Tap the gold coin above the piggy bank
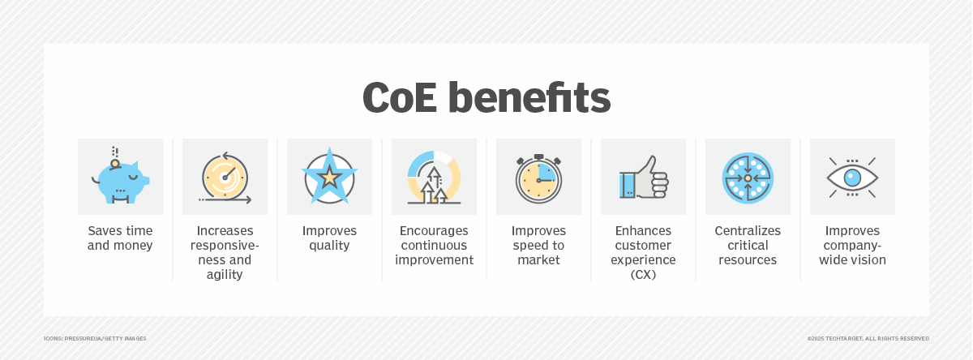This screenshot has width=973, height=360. [115, 164]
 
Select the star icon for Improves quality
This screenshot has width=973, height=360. [329, 177]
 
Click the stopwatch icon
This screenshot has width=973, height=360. [538, 178]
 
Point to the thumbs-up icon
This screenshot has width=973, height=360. [643, 178]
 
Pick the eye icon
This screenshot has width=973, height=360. [852, 178]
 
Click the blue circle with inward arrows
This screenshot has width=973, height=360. [748, 178]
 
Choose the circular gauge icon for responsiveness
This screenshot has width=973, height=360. [225, 178]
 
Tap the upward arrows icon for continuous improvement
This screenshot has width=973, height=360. [434, 178]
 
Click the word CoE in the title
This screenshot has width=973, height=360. [400, 98]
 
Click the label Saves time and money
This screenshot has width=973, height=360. [120, 238]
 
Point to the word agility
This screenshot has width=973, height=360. [225, 274]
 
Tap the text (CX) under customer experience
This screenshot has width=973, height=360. [643, 274]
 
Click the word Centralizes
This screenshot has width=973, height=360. [748, 230]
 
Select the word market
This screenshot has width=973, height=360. [538, 259]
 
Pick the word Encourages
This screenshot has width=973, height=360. [434, 230]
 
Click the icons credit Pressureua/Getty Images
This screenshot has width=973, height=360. [95, 339]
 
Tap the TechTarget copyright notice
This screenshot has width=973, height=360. [868, 339]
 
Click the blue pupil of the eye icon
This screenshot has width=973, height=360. [852, 178]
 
